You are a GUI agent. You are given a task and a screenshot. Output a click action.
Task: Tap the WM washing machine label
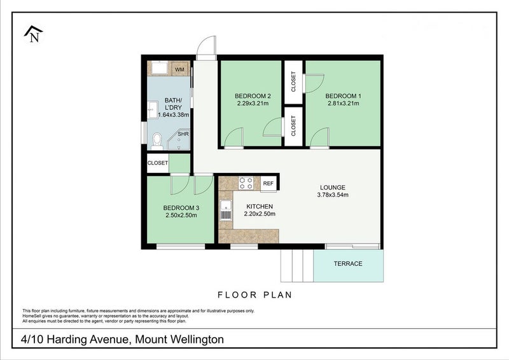(180, 69)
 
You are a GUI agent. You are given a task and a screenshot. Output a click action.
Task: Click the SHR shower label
(183, 134)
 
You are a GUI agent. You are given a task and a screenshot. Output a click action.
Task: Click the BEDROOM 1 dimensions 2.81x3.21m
(344, 103)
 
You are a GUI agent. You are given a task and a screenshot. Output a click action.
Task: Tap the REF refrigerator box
(268, 183)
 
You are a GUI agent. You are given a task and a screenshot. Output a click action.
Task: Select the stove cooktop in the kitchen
(246, 183)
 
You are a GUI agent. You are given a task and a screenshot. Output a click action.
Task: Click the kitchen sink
(225, 211)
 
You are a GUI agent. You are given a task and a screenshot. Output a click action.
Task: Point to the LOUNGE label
(332, 188)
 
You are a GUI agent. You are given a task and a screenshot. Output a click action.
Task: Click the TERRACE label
(348, 264)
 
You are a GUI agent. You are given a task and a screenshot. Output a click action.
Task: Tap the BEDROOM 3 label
(181, 208)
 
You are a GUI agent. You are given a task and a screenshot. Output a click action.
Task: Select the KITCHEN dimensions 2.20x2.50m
(259, 214)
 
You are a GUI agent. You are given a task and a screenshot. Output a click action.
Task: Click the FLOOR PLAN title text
(254, 295)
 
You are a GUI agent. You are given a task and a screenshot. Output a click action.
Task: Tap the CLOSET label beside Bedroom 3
(158, 163)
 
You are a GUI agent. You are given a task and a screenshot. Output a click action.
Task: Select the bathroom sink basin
(152, 110)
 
